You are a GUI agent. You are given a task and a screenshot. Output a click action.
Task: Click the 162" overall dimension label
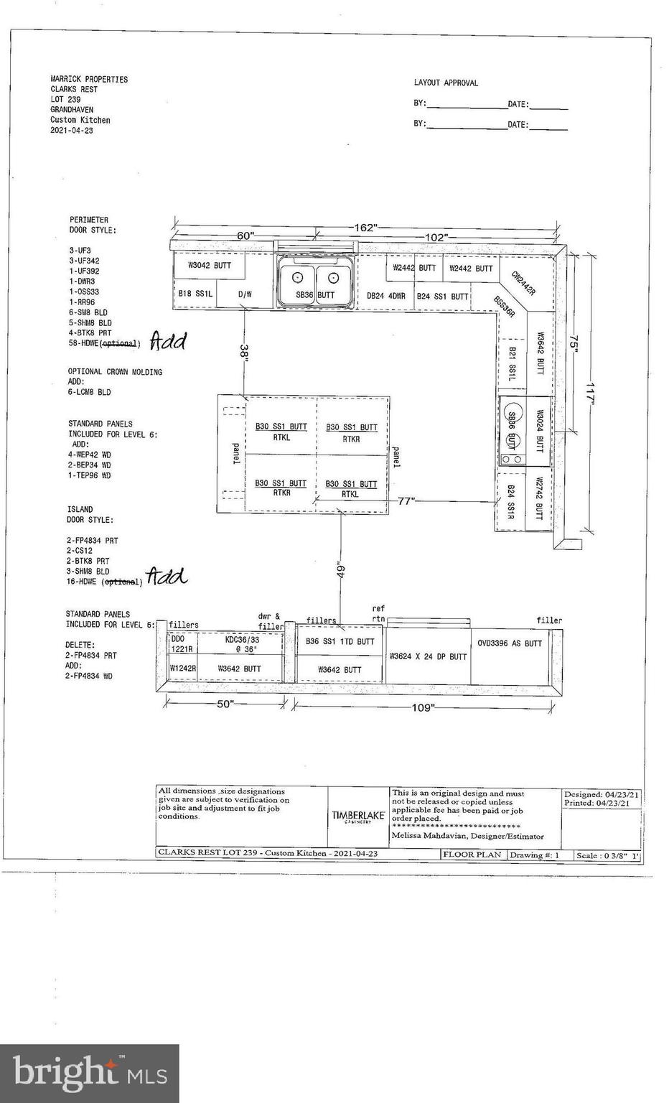pyautogui.click(x=365, y=228)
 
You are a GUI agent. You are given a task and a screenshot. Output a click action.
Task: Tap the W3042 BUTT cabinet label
pyautogui.click(x=210, y=265)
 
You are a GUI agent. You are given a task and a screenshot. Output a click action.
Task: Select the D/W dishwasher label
pyautogui.click(x=245, y=294)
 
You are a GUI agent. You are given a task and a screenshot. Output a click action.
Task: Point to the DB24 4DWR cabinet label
pyautogui.click(x=386, y=296)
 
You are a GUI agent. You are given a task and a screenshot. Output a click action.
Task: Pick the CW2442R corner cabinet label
pyautogui.click(x=523, y=283)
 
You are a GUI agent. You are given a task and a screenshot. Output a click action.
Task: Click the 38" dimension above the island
pyautogui.click(x=244, y=352)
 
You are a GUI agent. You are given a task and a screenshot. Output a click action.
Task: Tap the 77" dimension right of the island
pyautogui.click(x=406, y=501)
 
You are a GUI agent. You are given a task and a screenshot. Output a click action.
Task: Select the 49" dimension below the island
pyautogui.click(x=341, y=569)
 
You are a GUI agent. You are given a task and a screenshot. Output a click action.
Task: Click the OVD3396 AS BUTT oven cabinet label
pyautogui.click(x=510, y=643)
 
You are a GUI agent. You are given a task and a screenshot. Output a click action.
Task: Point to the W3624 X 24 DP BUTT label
pyautogui.click(x=428, y=656)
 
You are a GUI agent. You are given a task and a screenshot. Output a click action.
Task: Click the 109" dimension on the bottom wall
pyautogui.click(x=423, y=708)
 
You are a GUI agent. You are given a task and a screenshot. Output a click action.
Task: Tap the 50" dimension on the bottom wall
pyautogui.click(x=225, y=704)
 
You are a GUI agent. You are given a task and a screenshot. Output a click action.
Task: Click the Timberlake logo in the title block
pyautogui.click(x=358, y=816)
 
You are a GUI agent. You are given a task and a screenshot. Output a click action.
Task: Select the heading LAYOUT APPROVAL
pyautogui.click(x=446, y=83)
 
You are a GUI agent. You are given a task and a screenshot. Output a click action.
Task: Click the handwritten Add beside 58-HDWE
pyautogui.click(x=167, y=341)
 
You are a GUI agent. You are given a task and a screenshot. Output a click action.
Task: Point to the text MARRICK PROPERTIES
pyautogui.click(x=89, y=79)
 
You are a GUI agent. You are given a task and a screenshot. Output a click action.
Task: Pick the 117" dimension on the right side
pyautogui.click(x=590, y=394)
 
